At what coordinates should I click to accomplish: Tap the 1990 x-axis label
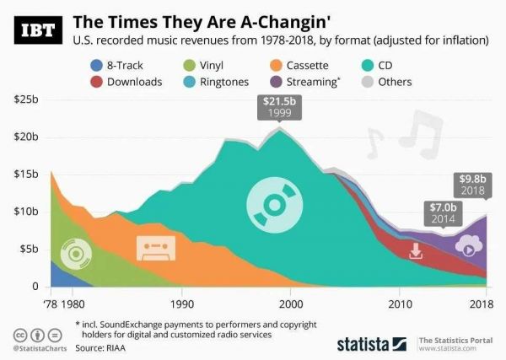181,304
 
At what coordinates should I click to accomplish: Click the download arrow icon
415,250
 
